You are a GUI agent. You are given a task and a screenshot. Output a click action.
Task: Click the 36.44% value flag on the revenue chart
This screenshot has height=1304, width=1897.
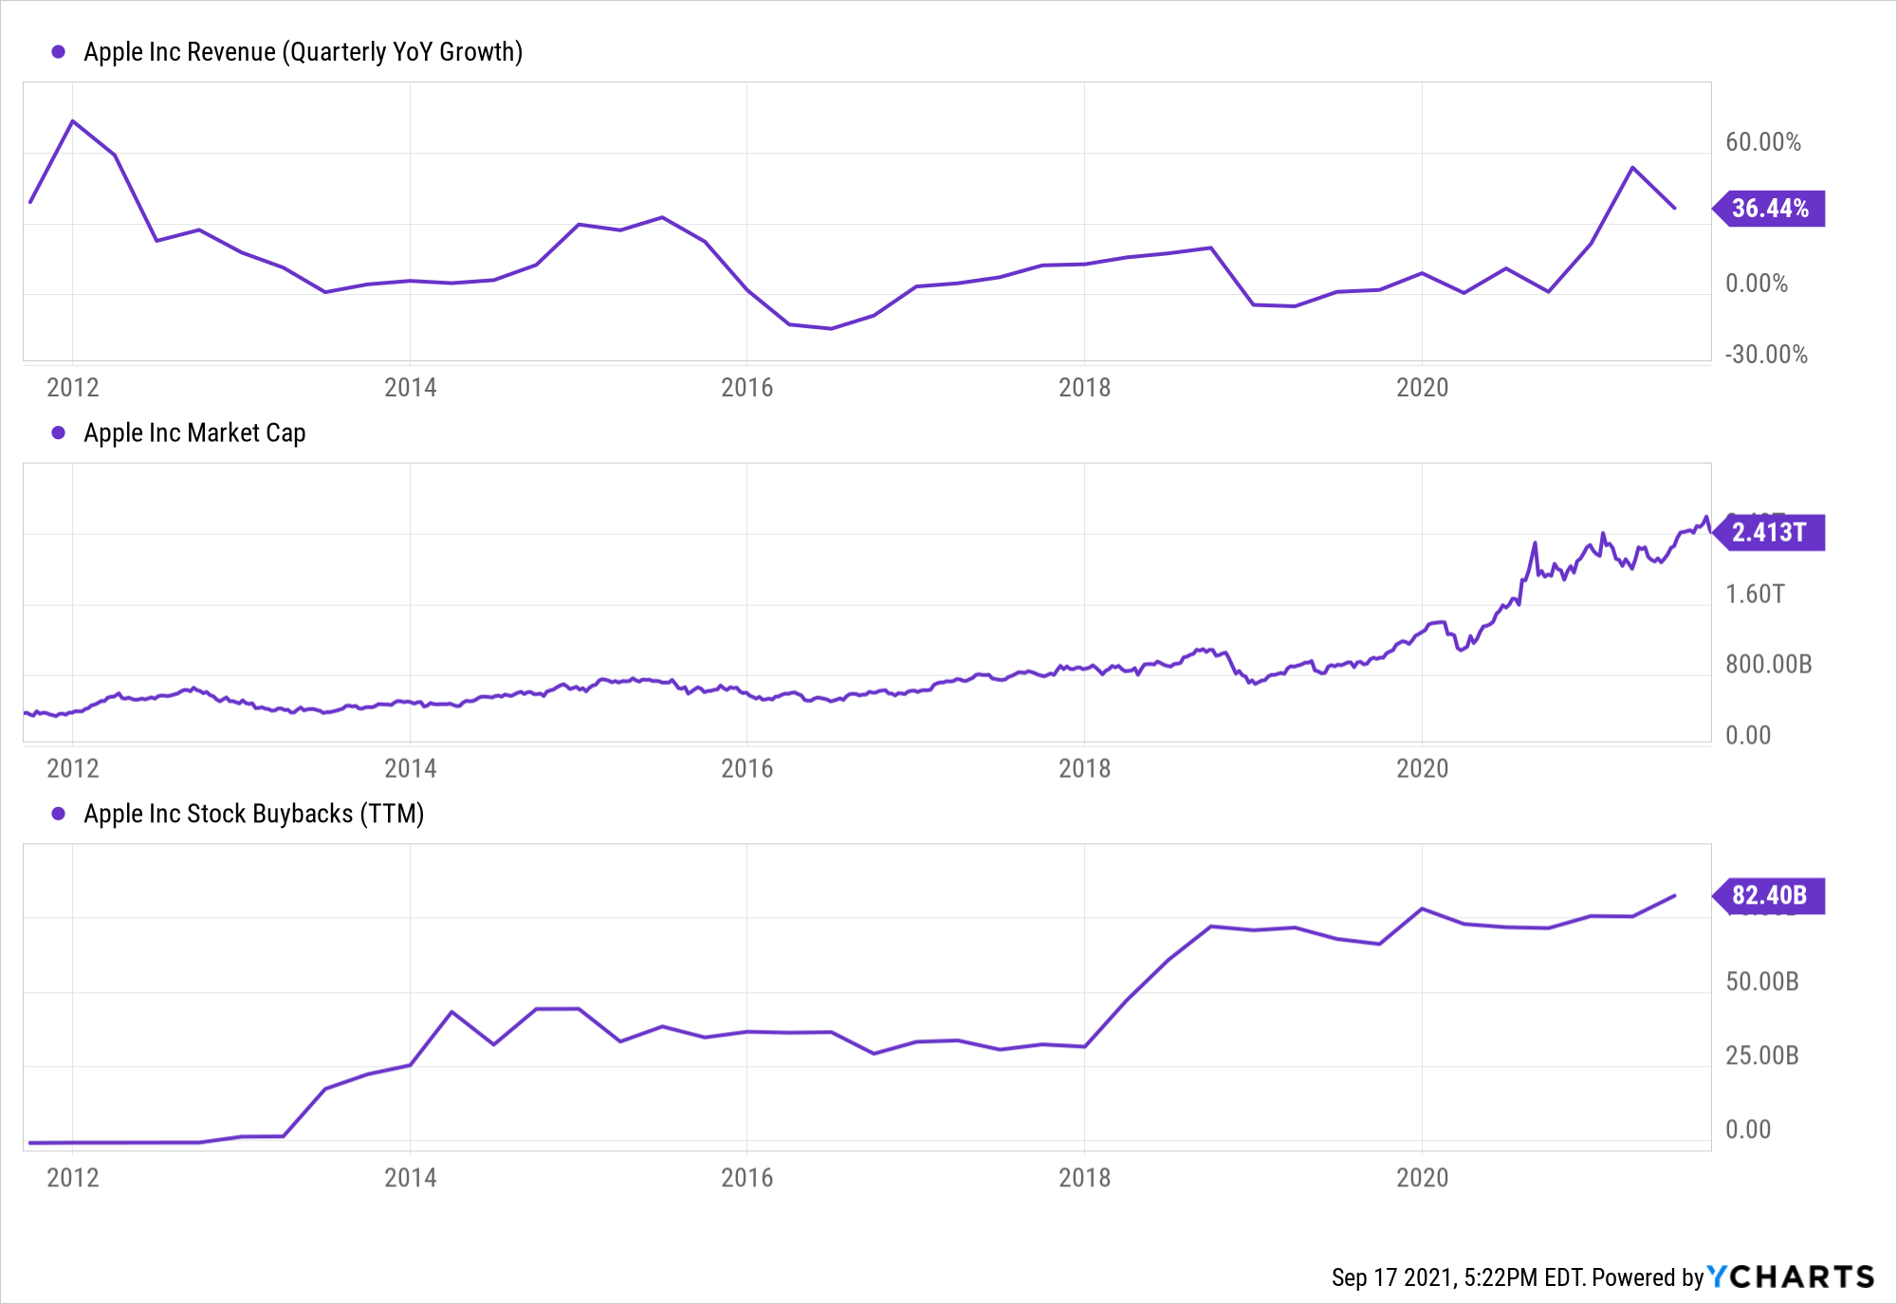click(1769, 209)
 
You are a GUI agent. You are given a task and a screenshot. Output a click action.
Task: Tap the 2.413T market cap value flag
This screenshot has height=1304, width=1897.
click(1769, 532)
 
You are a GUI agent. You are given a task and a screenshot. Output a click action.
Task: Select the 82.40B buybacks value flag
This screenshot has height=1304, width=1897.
click(1769, 895)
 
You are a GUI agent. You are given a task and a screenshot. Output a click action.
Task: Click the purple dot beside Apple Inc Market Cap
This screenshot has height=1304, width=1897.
click(59, 433)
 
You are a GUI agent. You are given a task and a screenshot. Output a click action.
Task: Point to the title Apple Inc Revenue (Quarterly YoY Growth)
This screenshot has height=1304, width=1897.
click(303, 52)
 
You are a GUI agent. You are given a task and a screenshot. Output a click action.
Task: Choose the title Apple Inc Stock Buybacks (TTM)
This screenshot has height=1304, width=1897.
click(253, 814)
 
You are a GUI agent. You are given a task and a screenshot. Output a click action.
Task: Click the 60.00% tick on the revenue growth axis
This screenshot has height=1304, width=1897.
click(1762, 142)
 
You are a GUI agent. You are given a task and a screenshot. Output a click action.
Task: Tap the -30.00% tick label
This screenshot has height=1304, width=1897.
click(1765, 355)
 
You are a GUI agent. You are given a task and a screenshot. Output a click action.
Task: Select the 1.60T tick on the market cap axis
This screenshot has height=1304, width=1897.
click(1755, 594)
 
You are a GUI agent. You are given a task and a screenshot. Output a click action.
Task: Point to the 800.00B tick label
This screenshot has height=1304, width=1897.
click(1768, 664)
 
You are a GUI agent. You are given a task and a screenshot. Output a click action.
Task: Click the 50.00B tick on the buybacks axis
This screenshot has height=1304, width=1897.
click(1761, 982)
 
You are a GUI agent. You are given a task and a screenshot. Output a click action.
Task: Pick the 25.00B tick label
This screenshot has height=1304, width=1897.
click(1761, 1056)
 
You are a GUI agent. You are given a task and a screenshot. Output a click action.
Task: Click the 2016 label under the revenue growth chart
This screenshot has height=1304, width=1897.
click(746, 388)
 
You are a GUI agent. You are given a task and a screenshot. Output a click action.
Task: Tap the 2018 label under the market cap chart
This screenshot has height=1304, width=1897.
click(1084, 768)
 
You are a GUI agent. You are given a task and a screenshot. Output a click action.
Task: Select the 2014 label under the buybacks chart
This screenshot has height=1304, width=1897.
click(410, 1178)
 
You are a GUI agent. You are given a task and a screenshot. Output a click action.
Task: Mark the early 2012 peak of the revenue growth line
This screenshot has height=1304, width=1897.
click(73, 121)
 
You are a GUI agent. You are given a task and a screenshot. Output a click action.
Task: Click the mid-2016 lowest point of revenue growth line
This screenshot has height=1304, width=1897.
click(831, 328)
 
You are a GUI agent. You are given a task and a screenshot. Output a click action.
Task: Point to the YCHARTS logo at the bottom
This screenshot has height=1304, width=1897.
click(1791, 1277)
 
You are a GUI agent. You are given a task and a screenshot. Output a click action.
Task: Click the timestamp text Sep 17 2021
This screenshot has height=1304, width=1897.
click(1392, 1278)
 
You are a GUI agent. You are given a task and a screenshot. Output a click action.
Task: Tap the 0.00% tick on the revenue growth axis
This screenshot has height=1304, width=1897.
click(1756, 284)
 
